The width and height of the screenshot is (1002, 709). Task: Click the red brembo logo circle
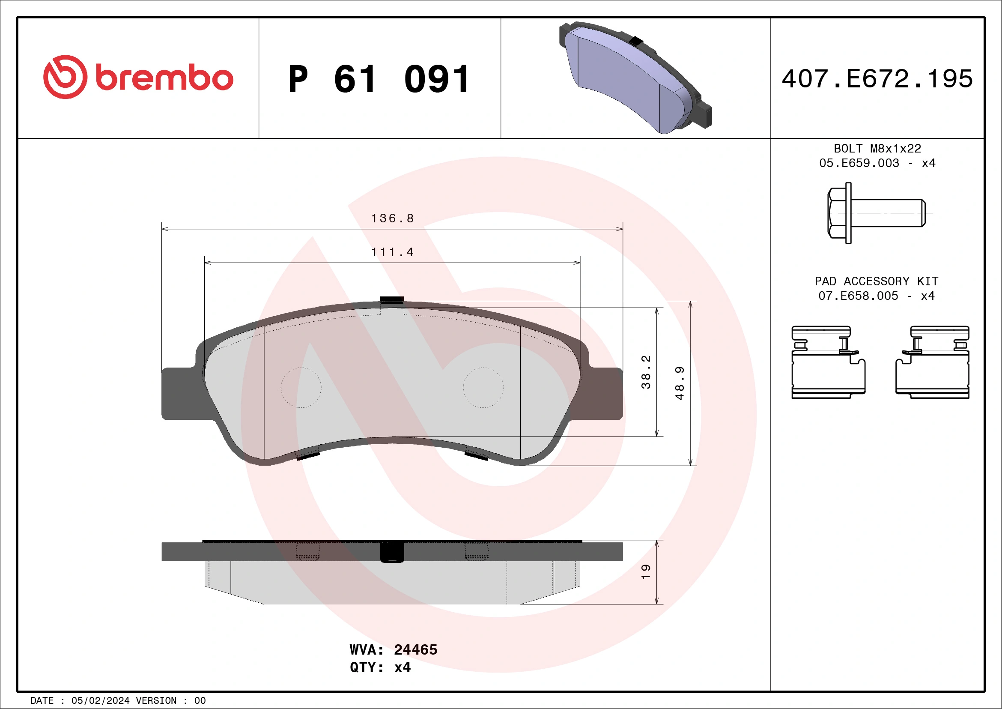point(65,77)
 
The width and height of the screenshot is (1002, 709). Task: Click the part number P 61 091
point(379,79)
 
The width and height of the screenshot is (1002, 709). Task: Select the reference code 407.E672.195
point(877,79)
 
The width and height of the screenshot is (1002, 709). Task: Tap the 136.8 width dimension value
point(392,218)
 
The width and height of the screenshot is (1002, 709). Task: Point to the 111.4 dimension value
point(392,252)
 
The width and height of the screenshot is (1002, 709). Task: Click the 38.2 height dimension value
point(646,372)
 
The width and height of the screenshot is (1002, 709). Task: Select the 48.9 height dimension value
point(680,383)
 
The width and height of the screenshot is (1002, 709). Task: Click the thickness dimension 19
point(646,571)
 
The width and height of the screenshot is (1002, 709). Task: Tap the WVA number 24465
point(415,649)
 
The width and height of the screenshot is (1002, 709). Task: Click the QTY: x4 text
point(380,667)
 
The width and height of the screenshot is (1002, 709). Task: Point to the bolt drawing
point(876,213)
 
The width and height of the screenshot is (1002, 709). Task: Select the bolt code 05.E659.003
point(859,163)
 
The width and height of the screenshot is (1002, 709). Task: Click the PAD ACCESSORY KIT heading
point(876,281)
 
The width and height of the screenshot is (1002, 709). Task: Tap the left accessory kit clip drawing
point(828,362)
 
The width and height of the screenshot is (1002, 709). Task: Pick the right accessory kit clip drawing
point(933,362)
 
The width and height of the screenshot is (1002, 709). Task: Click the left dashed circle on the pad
point(301,387)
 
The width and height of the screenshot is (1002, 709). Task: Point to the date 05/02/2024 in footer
point(100,701)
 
